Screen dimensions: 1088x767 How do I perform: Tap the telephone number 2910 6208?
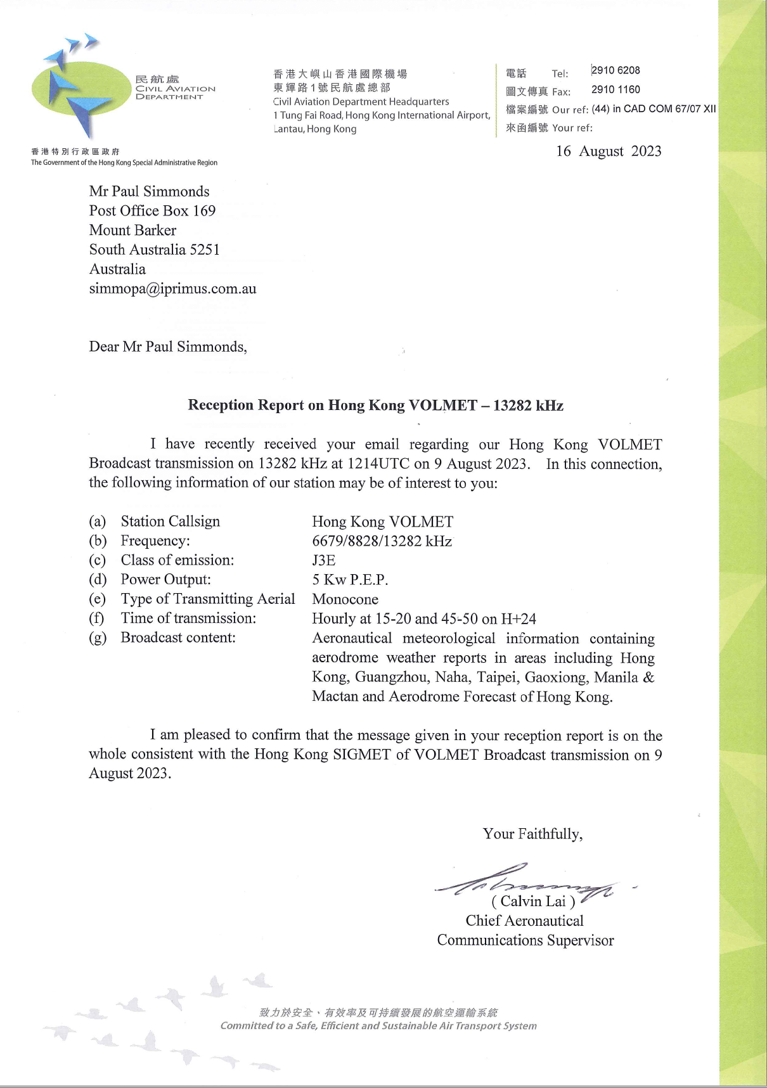616,70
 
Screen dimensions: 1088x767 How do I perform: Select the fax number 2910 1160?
616,89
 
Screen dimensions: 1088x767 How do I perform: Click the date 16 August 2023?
609,151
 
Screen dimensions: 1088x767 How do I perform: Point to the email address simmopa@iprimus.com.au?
172,289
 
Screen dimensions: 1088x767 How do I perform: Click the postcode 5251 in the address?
205,250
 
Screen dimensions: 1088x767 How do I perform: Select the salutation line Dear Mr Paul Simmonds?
167,347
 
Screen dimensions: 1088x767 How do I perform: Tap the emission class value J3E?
324,560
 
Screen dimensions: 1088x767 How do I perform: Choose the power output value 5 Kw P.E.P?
350,580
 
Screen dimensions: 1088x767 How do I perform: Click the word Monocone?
345,599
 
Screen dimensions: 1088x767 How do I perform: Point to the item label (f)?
97,618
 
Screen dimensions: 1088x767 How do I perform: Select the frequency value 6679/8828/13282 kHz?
382,541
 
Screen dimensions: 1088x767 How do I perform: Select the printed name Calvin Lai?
533,901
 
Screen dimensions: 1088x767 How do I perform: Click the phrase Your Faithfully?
532,834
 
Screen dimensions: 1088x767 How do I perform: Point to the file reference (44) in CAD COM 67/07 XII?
654,109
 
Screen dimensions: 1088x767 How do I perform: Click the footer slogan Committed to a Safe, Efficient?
378,1026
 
